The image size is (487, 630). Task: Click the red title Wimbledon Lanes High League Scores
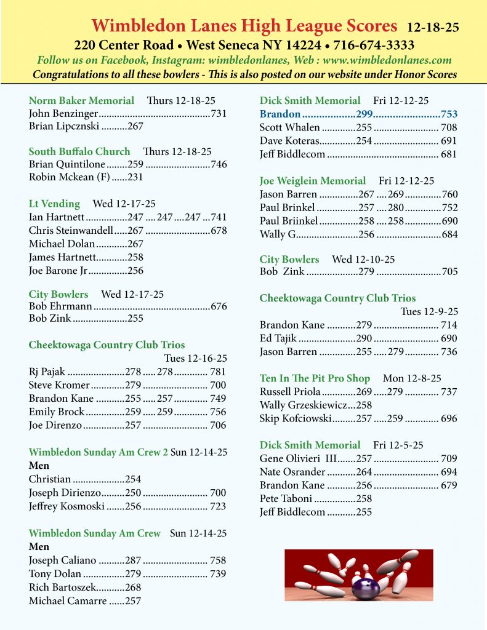click(244, 26)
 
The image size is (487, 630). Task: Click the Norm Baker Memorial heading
click(81, 100)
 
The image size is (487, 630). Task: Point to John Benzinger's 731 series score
click(219, 113)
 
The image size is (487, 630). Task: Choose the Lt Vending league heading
click(54, 204)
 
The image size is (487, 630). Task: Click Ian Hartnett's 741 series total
click(219, 217)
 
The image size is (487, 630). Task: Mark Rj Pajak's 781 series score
click(217, 371)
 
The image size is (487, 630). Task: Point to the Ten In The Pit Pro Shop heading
click(315, 378)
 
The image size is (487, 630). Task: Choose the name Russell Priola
click(290, 391)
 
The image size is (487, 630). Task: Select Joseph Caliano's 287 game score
click(134, 560)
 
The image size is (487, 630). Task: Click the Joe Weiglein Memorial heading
click(313, 181)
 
